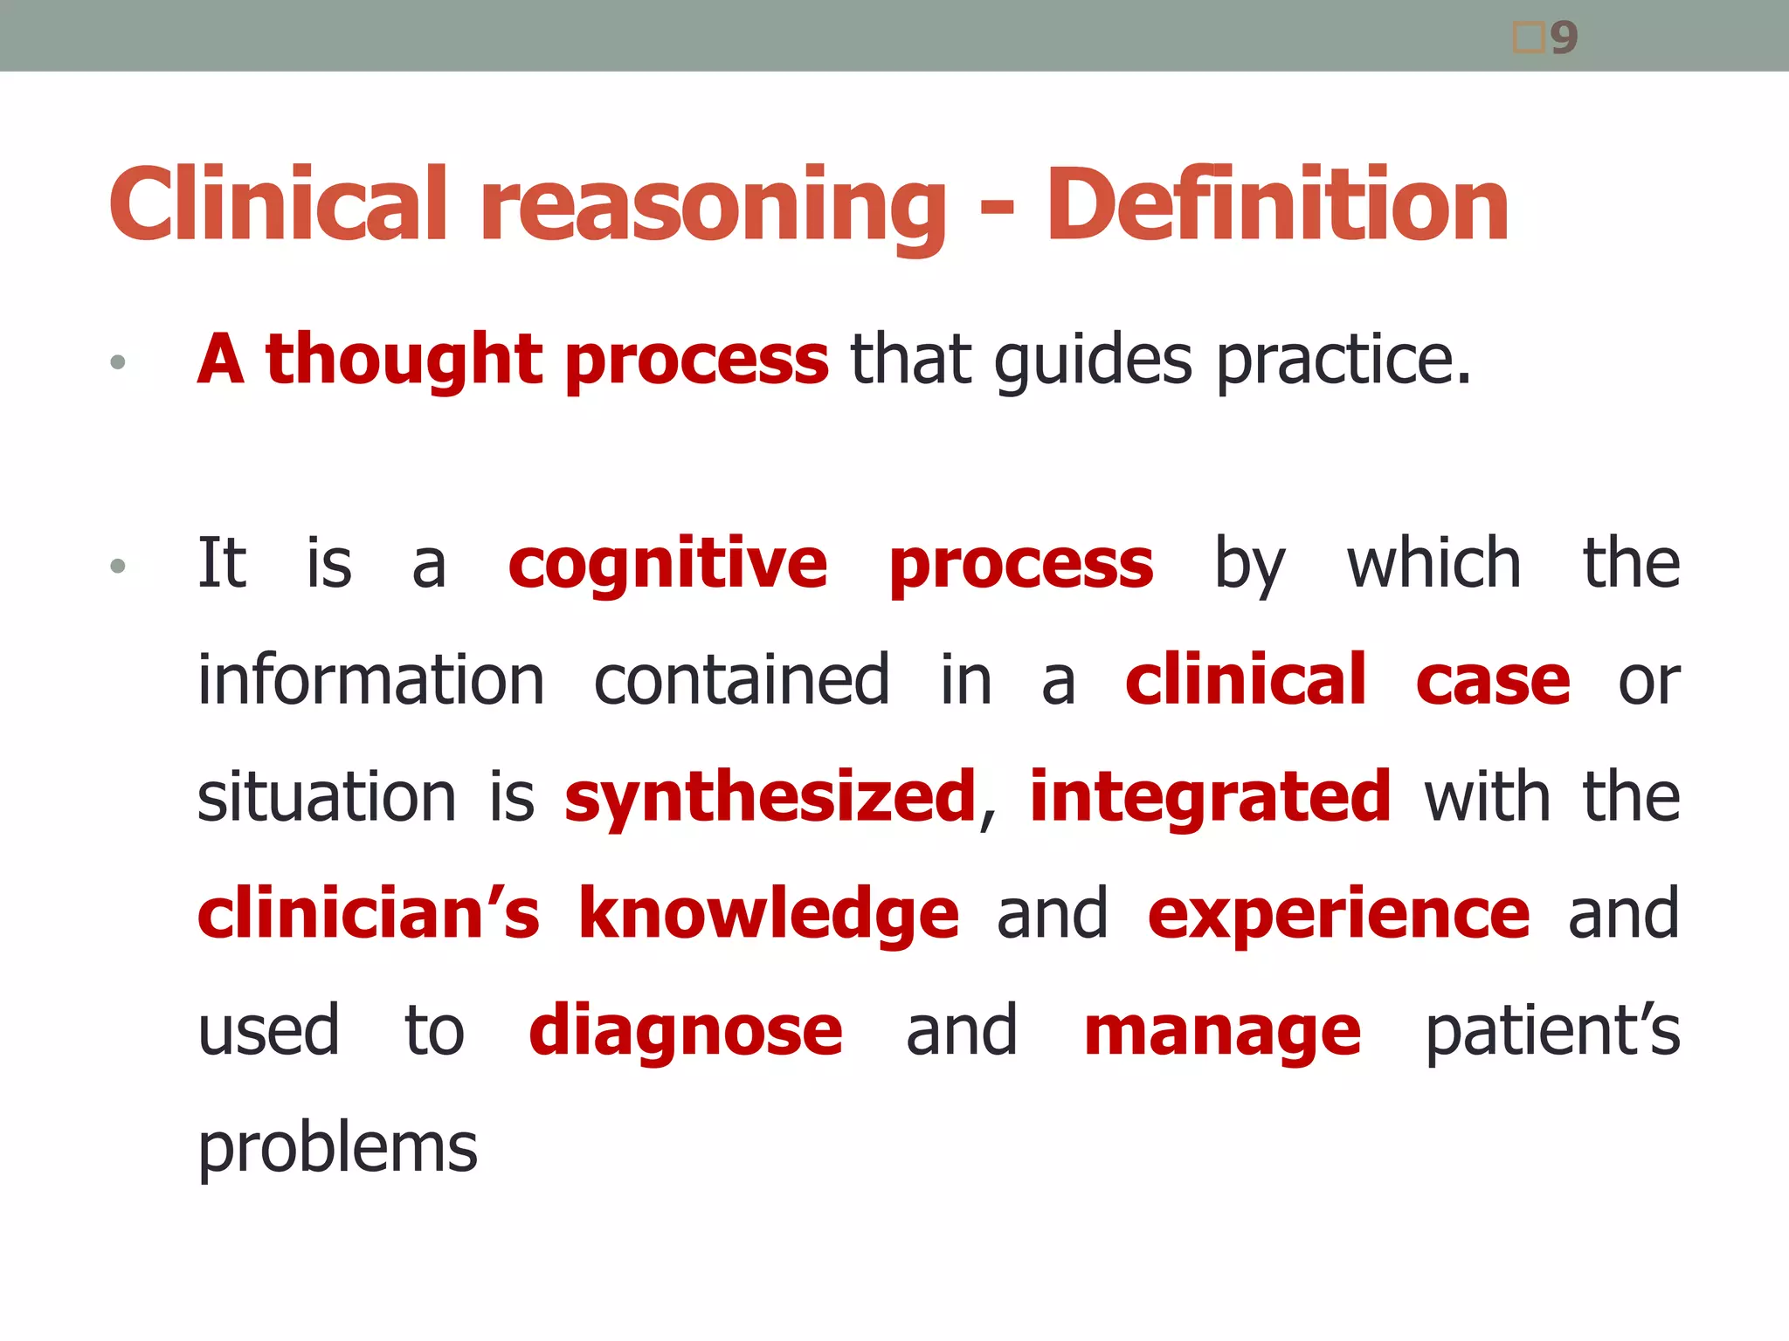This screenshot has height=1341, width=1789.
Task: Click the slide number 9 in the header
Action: (1565, 38)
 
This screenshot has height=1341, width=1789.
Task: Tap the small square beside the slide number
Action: (1529, 38)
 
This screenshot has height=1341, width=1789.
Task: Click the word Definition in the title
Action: (1277, 205)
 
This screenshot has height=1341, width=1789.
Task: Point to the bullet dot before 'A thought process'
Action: (118, 361)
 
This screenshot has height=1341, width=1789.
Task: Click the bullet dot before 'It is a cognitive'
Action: (118, 567)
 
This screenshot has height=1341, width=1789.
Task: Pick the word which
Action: (1433, 563)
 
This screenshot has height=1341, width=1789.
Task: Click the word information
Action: (371, 680)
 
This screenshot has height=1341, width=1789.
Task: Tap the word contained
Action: (742, 680)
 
